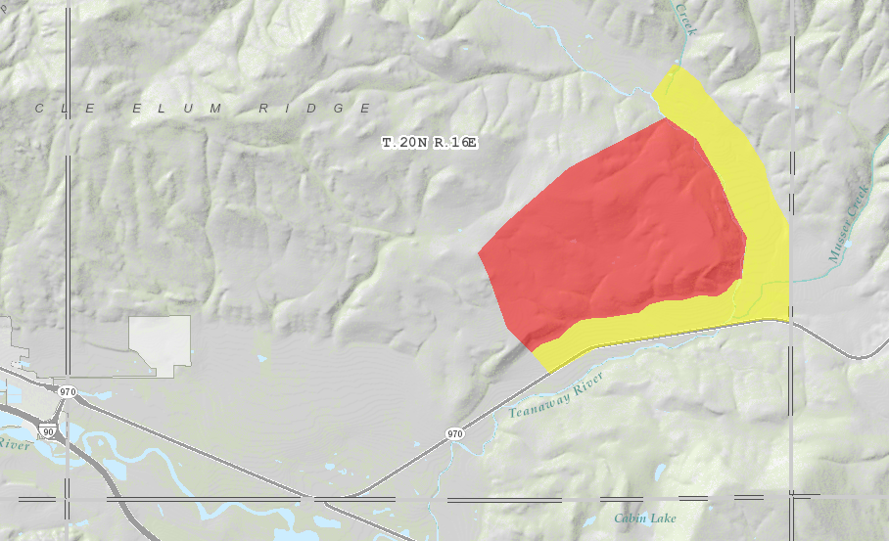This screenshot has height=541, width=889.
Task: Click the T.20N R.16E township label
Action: tap(429, 143)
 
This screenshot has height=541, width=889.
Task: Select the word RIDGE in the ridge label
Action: tap(314, 109)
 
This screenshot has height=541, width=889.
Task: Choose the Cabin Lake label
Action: tap(645, 518)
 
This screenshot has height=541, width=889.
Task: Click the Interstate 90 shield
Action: tap(47, 430)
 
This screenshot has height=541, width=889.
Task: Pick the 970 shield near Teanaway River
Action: tap(454, 433)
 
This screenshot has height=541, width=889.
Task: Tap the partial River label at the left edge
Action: tap(13, 443)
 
